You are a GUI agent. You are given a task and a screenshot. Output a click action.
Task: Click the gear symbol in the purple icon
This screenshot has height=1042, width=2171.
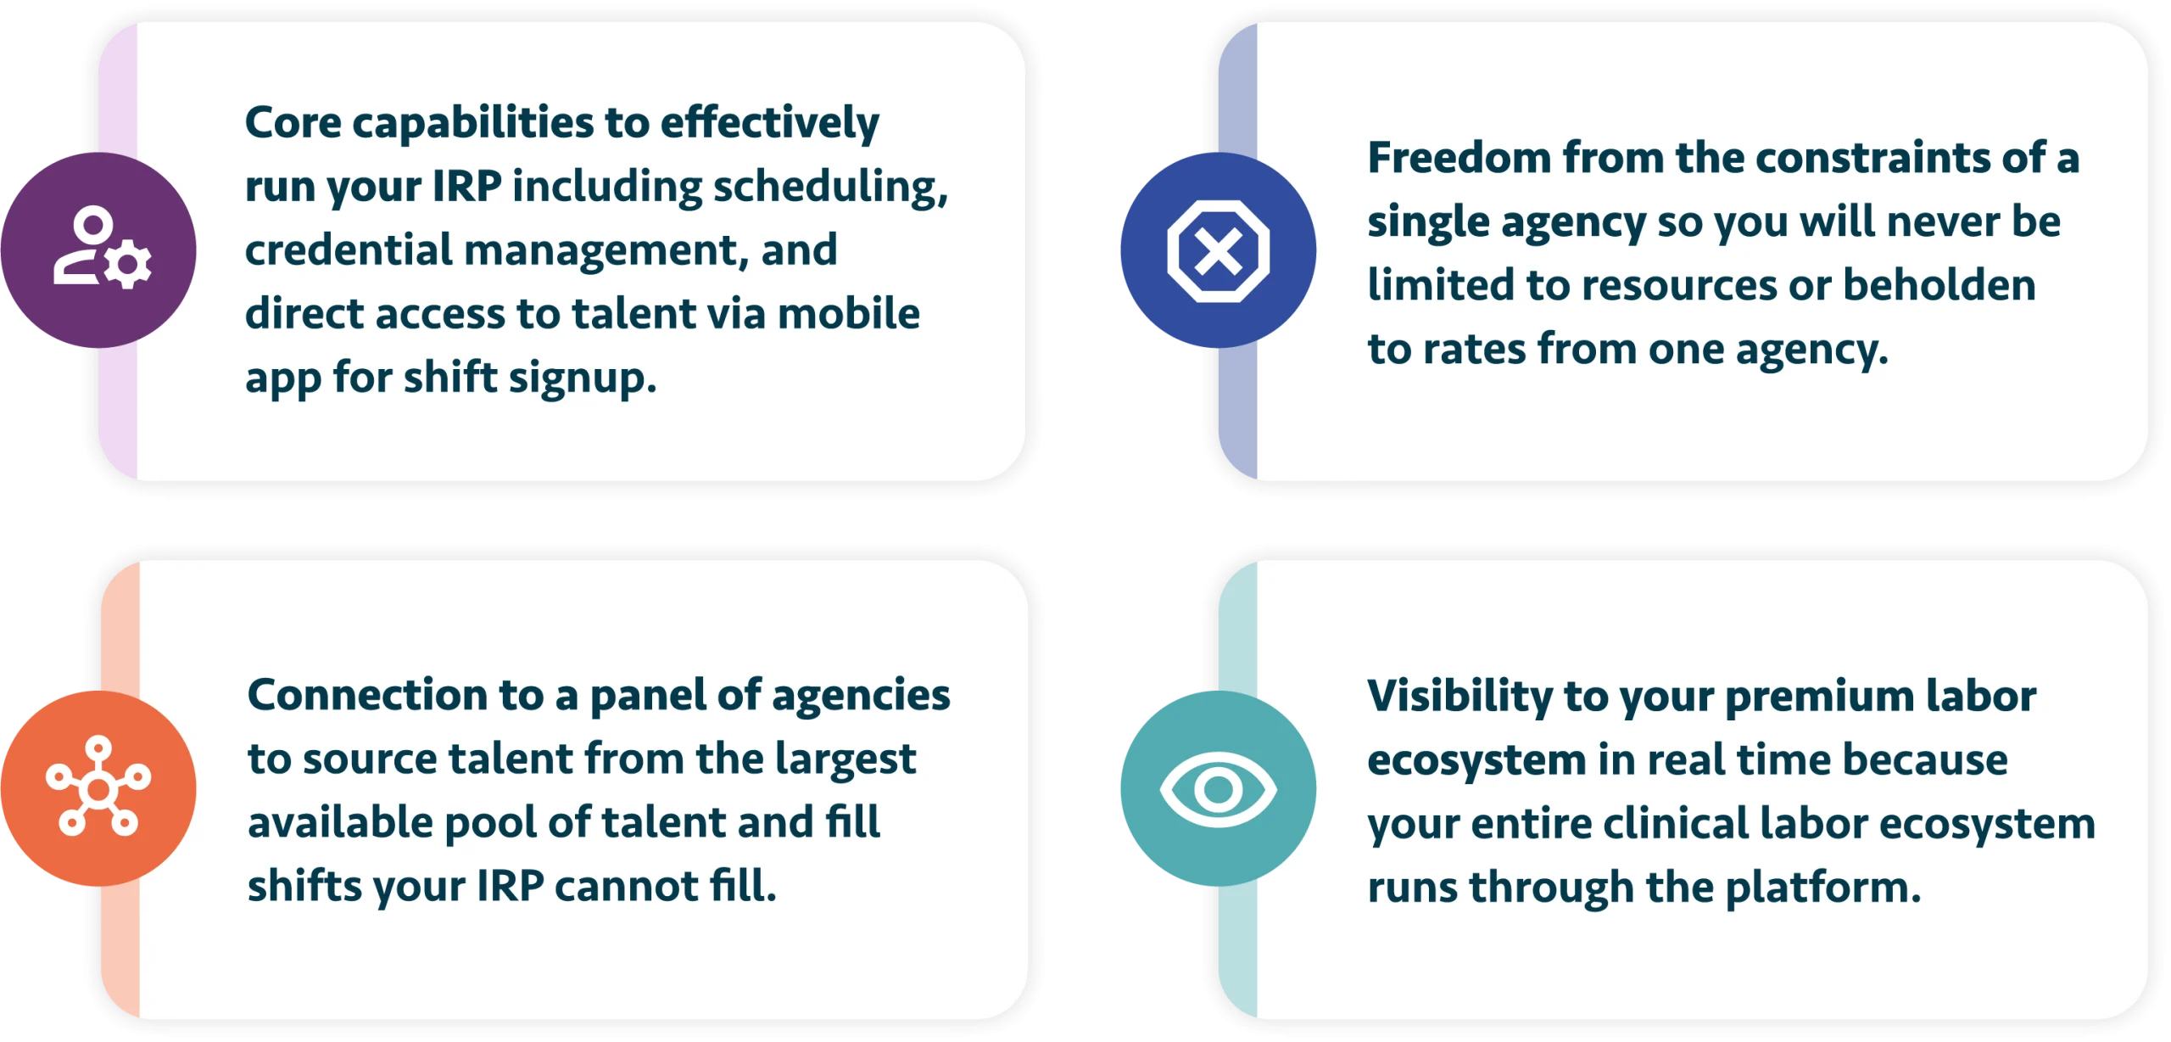[x=128, y=265]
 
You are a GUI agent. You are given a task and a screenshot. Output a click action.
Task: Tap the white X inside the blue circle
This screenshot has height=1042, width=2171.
[x=1218, y=252]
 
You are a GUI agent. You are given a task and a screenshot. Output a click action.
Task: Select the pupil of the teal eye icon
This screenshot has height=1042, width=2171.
[x=1218, y=790]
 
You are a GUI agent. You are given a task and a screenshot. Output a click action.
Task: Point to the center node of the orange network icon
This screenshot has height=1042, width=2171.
[x=98, y=790]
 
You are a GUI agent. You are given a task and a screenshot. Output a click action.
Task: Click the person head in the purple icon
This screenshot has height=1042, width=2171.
[x=92, y=226]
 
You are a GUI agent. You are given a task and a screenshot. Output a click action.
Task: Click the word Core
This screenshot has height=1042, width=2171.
[x=293, y=122]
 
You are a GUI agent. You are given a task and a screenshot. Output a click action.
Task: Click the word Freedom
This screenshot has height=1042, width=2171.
[x=1459, y=158]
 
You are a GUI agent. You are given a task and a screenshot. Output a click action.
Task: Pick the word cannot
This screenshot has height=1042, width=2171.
[x=626, y=888]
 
